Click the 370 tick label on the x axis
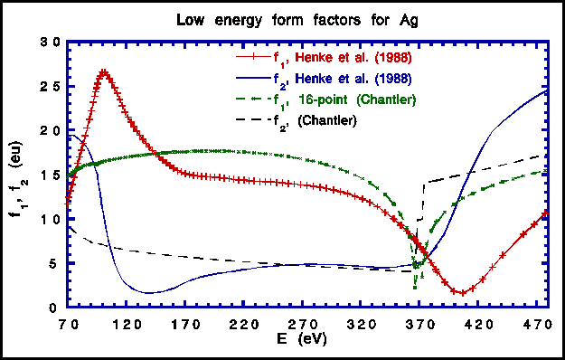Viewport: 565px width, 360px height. click(x=418, y=325)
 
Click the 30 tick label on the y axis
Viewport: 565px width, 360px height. click(x=52, y=43)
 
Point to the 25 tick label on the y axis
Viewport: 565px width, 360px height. click(x=52, y=87)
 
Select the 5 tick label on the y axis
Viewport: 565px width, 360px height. click(x=56, y=264)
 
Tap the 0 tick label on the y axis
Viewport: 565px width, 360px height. click(x=56, y=308)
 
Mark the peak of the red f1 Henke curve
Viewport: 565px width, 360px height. click(x=104, y=71)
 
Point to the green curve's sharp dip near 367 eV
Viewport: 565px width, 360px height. click(x=414, y=287)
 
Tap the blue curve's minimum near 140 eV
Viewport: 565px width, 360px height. click(x=149, y=292)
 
